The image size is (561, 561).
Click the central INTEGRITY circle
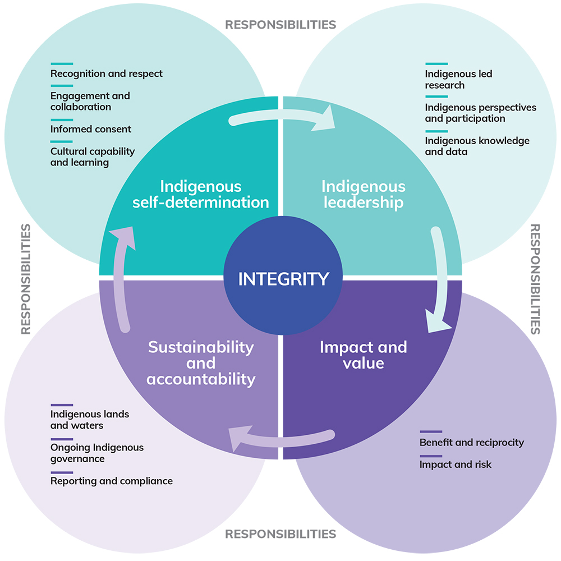pyautogui.click(x=283, y=278)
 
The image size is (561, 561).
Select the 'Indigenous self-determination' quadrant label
pyautogui.click(x=201, y=194)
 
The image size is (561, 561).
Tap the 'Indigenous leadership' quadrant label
pyautogui.click(x=363, y=194)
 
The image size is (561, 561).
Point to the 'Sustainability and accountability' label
pyautogui.click(x=201, y=363)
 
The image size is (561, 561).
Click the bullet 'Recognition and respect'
pyautogui.click(x=107, y=73)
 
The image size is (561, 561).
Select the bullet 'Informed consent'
pyautogui.click(x=91, y=129)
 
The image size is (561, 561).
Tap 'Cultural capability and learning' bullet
pyautogui.click(x=93, y=157)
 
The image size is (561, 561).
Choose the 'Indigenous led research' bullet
pyautogui.click(x=458, y=79)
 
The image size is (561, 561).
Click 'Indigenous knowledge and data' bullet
pyautogui.click(x=477, y=146)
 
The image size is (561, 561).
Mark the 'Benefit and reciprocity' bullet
pyautogui.click(x=471, y=442)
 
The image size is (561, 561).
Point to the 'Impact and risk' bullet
pyautogui.click(x=455, y=464)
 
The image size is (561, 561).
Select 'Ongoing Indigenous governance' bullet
pyautogui.click(x=97, y=453)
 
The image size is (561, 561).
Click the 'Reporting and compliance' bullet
pyautogui.click(x=112, y=481)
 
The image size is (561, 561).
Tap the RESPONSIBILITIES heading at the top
pyautogui.click(x=280, y=25)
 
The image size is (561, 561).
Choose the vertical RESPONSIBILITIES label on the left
pyautogui.click(x=25, y=279)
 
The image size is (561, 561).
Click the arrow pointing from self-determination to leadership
pyautogui.click(x=280, y=119)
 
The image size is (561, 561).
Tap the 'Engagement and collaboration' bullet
pyautogui.click(x=90, y=101)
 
